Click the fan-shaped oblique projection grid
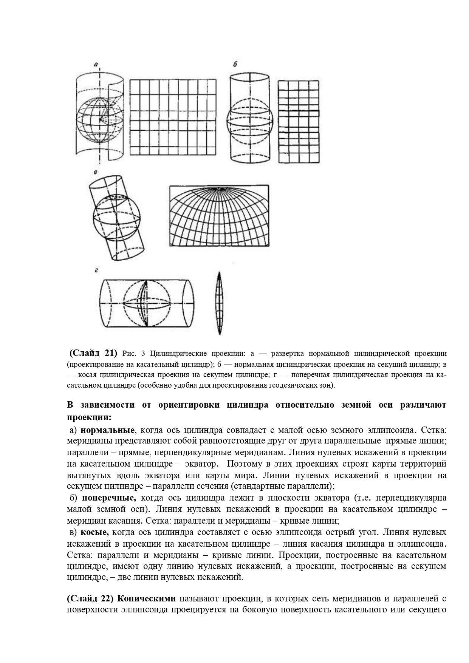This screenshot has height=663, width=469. (219, 215)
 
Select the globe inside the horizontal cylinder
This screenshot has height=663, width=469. (145, 303)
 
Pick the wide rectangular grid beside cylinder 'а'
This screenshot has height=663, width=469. (173, 117)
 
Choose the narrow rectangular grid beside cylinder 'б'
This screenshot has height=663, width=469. (299, 121)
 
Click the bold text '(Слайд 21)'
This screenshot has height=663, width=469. (93, 354)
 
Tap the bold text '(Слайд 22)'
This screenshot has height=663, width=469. (90, 598)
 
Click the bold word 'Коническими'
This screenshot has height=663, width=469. (147, 598)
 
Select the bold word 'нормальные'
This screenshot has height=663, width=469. (108, 430)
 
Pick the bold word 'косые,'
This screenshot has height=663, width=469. (94, 532)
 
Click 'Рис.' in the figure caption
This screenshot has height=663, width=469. (129, 354)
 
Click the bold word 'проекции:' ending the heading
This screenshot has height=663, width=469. (89, 417)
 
